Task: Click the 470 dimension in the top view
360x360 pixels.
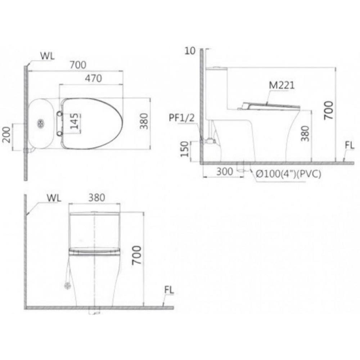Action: tap(94, 78)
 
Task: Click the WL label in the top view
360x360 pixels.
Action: tap(48, 56)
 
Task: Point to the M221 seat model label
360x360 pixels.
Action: tap(282, 85)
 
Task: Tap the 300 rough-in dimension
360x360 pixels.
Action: tap(225, 172)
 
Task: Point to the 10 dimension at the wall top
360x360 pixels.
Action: tap(190, 51)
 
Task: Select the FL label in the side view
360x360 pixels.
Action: tap(349, 145)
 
